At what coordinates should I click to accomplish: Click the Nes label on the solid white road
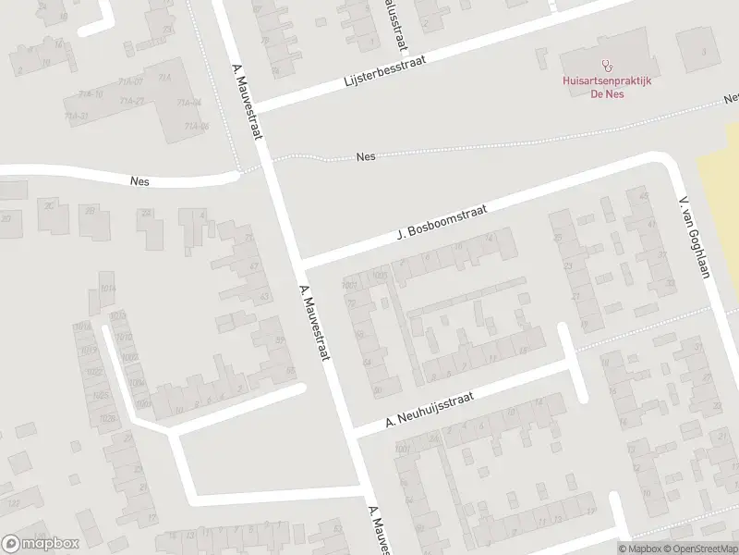coord(140,182)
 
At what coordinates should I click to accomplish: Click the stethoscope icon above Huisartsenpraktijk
coord(607,66)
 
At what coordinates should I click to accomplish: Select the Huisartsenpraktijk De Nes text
coord(607,87)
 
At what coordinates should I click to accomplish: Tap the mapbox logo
coord(41,544)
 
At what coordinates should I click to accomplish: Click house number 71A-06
coord(196,127)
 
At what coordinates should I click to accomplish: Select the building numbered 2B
coord(91,210)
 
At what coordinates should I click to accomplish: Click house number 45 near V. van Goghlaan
coord(643,195)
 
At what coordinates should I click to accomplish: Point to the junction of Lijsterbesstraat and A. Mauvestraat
coord(260,105)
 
